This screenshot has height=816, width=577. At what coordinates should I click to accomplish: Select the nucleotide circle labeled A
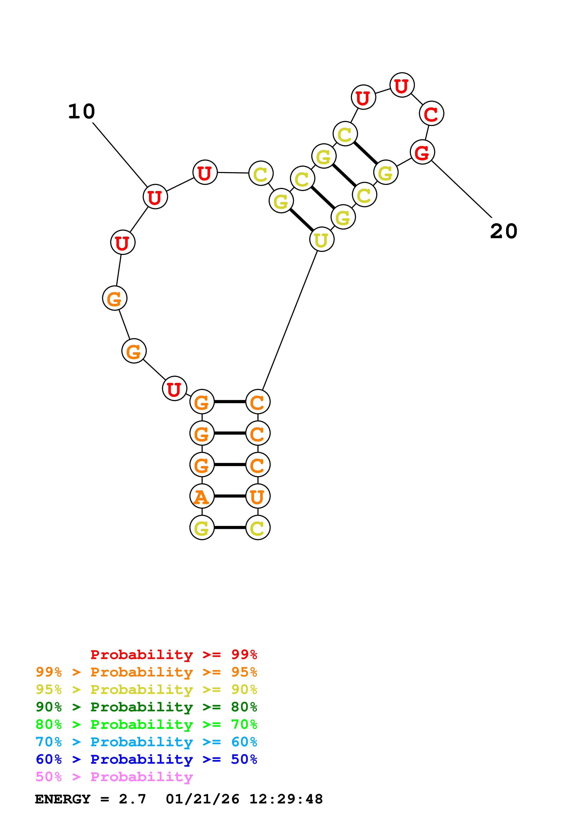point(202,496)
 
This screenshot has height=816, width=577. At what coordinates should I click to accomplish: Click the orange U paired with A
point(258,496)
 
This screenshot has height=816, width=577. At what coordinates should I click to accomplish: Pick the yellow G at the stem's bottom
point(202,528)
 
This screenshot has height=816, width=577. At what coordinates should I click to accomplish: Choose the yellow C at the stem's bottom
point(258,528)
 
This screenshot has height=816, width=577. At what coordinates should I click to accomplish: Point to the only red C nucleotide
point(431,114)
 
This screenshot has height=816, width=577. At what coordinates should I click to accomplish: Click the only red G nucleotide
point(422,152)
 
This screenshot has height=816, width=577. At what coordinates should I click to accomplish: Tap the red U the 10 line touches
point(155,197)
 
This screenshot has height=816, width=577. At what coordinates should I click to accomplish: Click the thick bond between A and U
point(230,496)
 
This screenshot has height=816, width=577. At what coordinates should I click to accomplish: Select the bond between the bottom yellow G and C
point(230,528)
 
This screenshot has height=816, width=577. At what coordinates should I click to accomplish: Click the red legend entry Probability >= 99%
point(173,655)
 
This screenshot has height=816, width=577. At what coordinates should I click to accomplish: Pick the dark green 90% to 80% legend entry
point(146,707)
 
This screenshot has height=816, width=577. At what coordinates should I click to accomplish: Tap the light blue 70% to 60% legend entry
point(146,742)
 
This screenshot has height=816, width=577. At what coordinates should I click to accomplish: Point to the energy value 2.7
point(132,799)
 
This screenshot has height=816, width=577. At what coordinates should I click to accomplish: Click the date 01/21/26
point(202,799)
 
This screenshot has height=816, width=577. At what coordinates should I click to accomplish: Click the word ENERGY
point(63,799)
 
